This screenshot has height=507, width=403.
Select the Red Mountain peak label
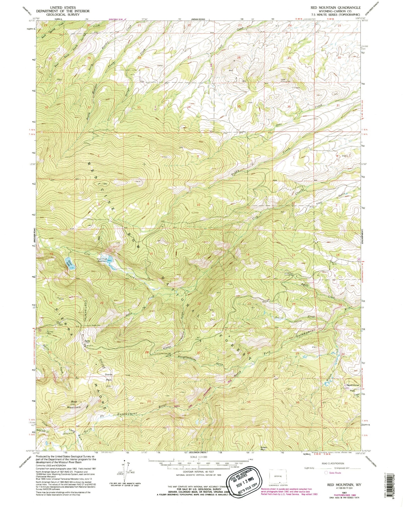(73, 405)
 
